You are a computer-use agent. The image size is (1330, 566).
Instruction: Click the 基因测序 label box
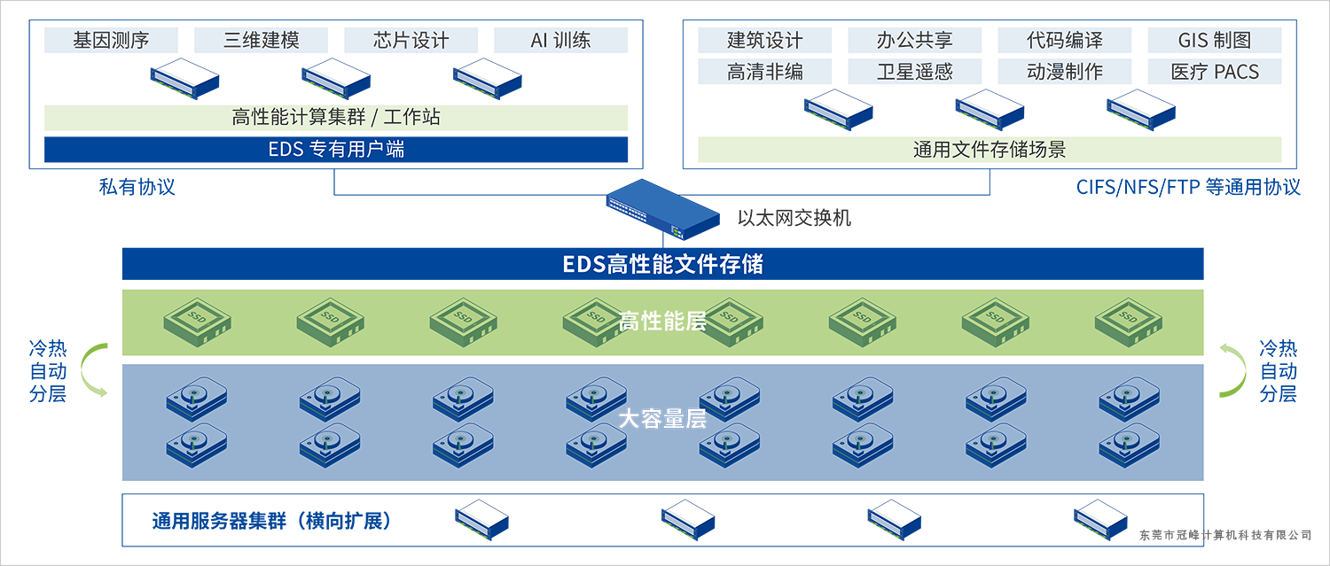(x=111, y=40)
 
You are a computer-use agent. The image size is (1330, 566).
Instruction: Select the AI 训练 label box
(x=560, y=40)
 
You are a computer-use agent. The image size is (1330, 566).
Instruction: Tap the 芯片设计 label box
(x=411, y=40)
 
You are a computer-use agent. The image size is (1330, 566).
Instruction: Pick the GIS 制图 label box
(x=1215, y=40)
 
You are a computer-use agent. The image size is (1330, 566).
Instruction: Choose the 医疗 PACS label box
(x=1215, y=72)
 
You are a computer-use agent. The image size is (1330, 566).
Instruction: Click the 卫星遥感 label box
(x=914, y=72)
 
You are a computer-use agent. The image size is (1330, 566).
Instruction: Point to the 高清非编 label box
(x=764, y=72)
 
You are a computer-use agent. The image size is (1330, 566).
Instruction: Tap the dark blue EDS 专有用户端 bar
(x=336, y=149)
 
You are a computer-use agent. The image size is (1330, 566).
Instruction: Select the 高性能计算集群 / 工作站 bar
(x=336, y=118)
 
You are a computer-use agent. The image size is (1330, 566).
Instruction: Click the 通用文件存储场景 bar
(x=990, y=149)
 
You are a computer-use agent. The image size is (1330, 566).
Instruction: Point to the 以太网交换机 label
(x=794, y=217)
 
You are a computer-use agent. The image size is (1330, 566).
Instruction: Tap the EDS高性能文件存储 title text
(x=662, y=264)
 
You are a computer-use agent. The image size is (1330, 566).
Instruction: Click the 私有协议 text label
(x=137, y=187)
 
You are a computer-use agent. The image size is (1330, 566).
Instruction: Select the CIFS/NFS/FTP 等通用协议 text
(x=1188, y=187)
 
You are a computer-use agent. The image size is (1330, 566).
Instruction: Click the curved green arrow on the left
(x=92, y=369)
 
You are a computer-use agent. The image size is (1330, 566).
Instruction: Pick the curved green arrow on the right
(x=1233, y=369)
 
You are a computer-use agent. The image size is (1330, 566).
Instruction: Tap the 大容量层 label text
(x=662, y=419)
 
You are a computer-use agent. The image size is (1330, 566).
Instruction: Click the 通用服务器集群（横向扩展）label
(x=271, y=521)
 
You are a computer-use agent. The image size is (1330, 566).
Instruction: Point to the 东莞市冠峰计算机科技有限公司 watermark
(x=1224, y=535)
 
